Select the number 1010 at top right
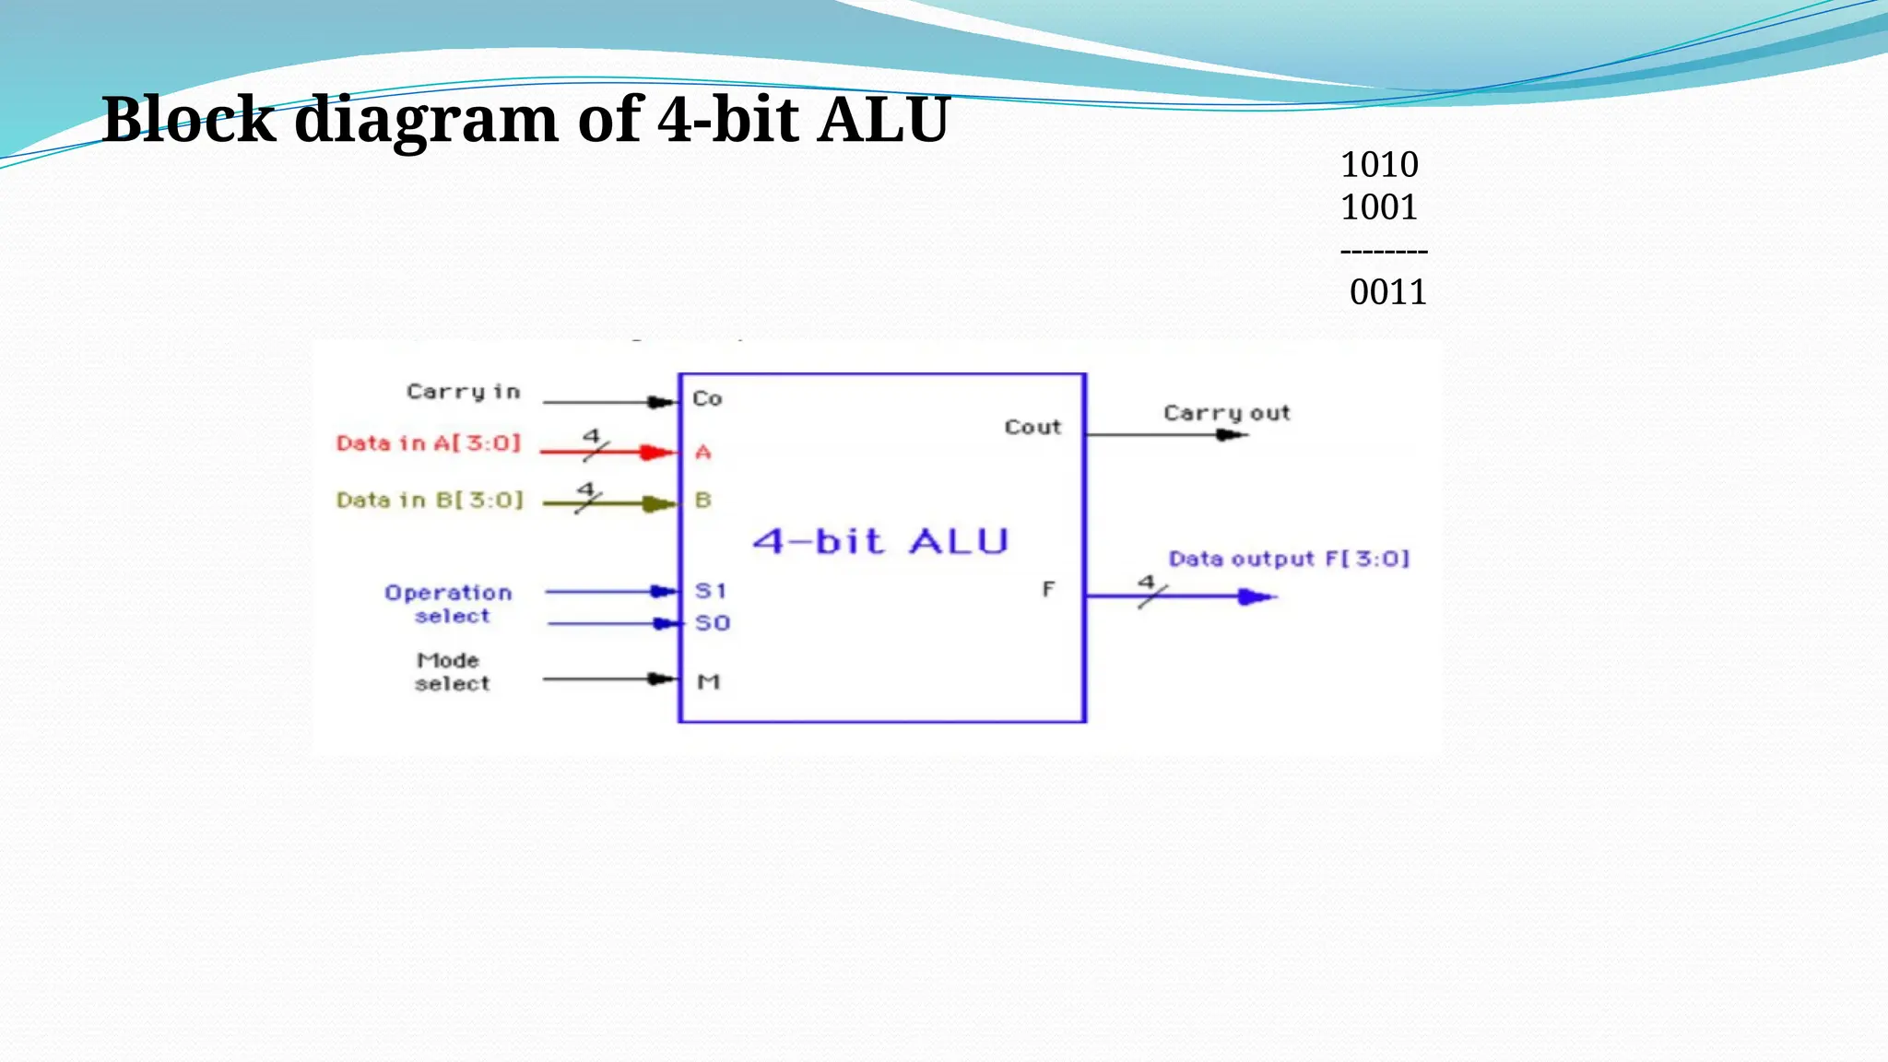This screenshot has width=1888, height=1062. tap(1378, 165)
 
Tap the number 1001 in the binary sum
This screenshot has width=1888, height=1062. tap(1378, 207)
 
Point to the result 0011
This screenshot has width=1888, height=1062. tap(1387, 292)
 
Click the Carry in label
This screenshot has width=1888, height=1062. tap(464, 392)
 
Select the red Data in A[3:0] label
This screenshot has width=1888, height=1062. tap(429, 443)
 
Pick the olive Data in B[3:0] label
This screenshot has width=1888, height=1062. tap(430, 501)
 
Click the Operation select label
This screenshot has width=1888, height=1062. tap(449, 604)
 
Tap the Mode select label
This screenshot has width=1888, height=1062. tap(451, 672)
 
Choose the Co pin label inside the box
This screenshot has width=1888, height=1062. tap(707, 399)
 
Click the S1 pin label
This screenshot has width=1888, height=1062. tap(711, 591)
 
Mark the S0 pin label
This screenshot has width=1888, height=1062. tap(713, 623)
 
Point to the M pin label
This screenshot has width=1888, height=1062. tap(708, 682)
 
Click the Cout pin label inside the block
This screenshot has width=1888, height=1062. tap(1032, 428)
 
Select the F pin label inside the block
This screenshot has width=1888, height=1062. tap(1048, 589)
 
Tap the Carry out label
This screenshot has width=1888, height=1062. tap(1226, 414)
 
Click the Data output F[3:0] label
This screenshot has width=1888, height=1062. tap(1289, 559)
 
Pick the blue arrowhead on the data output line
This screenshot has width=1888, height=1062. tap(1254, 597)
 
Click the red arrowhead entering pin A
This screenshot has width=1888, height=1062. tap(656, 452)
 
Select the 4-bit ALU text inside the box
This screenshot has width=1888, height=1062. tap(880, 541)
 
